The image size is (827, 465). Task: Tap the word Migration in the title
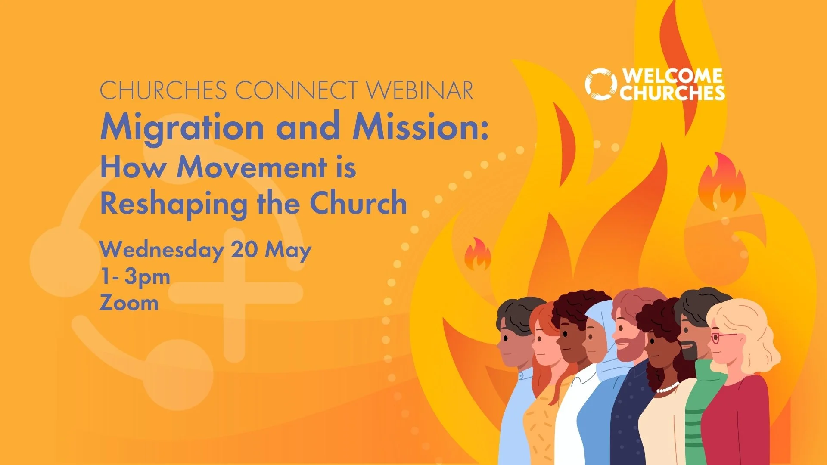pyautogui.click(x=182, y=127)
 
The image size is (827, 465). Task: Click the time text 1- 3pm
pyautogui.click(x=135, y=276)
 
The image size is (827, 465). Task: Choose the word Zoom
pyautogui.click(x=129, y=303)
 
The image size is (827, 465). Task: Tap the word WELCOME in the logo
pyautogui.click(x=672, y=76)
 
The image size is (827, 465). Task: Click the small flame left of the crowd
pyautogui.click(x=478, y=255)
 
